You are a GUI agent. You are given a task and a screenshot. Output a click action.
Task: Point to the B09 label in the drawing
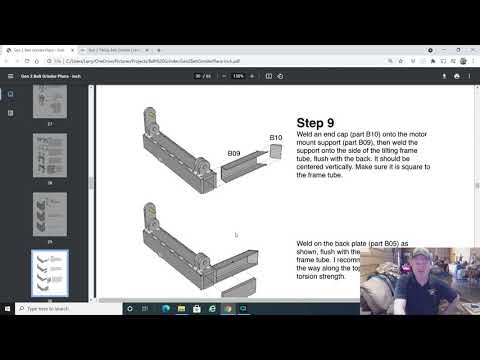pos(234,153)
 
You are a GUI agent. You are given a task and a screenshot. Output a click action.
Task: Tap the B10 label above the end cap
pos(276,137)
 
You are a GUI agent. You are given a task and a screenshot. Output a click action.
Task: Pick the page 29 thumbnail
pos(50,210)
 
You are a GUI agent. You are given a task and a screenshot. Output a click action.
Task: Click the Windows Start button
pos(8,309)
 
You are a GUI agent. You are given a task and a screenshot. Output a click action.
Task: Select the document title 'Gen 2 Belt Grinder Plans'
pos(50,76)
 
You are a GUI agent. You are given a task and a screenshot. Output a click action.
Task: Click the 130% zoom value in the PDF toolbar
pos(237,76)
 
